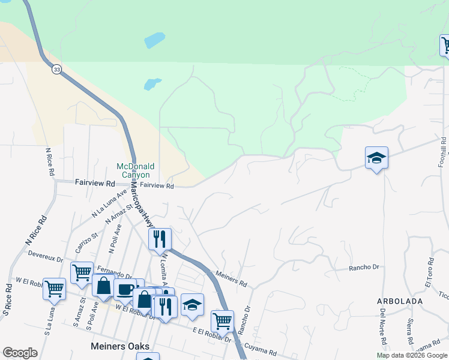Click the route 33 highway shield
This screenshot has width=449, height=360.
tap(56, 69)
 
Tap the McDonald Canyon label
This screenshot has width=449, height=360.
tap(135, 170)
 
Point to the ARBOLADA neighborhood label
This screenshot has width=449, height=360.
tap(400, 301)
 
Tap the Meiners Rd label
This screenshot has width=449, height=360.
tap(231, 278)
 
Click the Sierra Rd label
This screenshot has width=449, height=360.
tap(409, 331)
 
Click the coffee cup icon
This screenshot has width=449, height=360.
tap(125, 289)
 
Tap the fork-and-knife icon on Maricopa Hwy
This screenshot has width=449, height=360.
tap(160, 238)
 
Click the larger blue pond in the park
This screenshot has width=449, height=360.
tap(155, 40)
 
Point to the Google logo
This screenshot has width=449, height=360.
tap(20, 353)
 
